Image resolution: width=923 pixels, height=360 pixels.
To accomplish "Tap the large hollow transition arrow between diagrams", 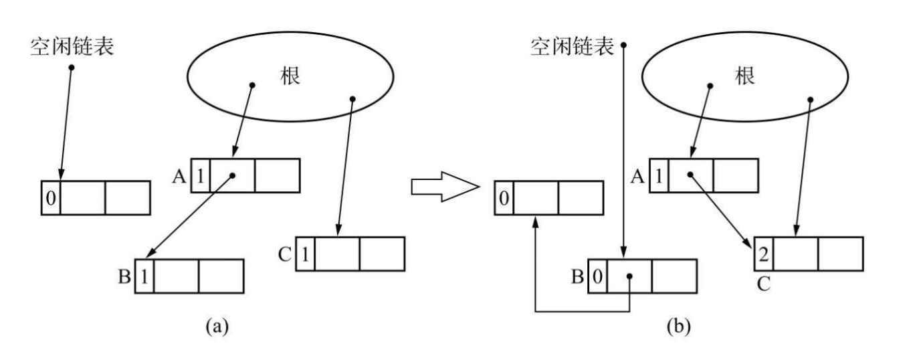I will click(x=445, y=188).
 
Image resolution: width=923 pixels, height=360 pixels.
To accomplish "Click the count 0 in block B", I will click(x=598, y=276).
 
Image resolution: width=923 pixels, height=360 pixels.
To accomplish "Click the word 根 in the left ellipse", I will click(x=289, y=76).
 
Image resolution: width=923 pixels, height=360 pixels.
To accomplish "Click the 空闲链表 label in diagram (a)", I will click(x=72, y=46).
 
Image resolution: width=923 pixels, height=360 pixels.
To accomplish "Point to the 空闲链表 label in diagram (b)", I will click(x=572, y=46).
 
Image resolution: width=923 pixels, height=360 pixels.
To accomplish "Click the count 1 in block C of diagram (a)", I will click(x=304, y=254).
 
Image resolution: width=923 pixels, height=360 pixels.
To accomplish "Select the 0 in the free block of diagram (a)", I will click(x=51, y=198).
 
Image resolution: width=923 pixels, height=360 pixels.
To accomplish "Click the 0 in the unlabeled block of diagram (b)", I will click(x=504, y=198).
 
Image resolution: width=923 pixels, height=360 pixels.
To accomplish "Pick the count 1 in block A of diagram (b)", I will click(x=659, y=175).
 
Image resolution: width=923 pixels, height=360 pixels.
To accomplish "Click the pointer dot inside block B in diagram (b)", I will click(x=629, y=276).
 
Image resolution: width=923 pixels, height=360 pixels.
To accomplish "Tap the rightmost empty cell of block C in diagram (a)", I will click(x=382, y=254).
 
